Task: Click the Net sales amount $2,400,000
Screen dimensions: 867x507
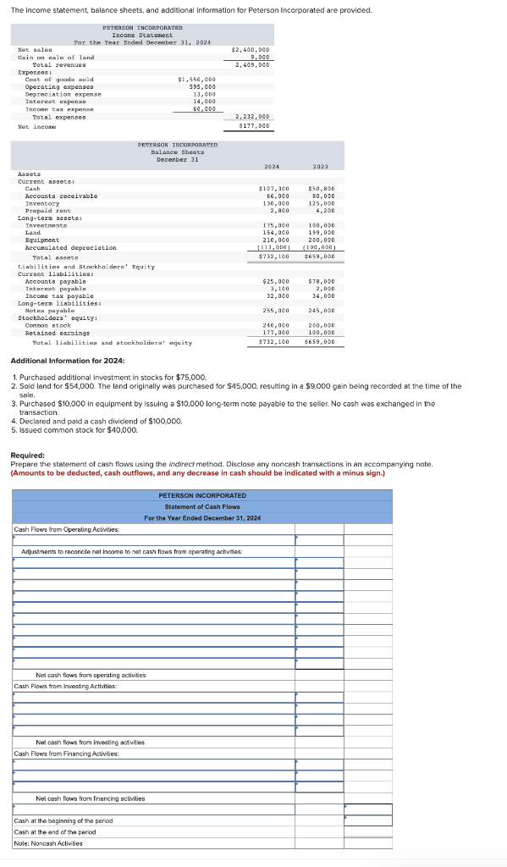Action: click(x=251, y=50)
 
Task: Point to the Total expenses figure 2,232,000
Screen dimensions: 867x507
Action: click(x=252, y=117)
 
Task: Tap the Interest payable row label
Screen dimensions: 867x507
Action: click(x=57, y=289)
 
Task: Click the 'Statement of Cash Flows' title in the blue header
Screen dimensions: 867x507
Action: click(x=202, y=506)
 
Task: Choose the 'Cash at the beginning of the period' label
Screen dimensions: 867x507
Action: click(x=63, y=820)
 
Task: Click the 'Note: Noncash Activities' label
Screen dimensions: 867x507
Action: click(x=48, y=842)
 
